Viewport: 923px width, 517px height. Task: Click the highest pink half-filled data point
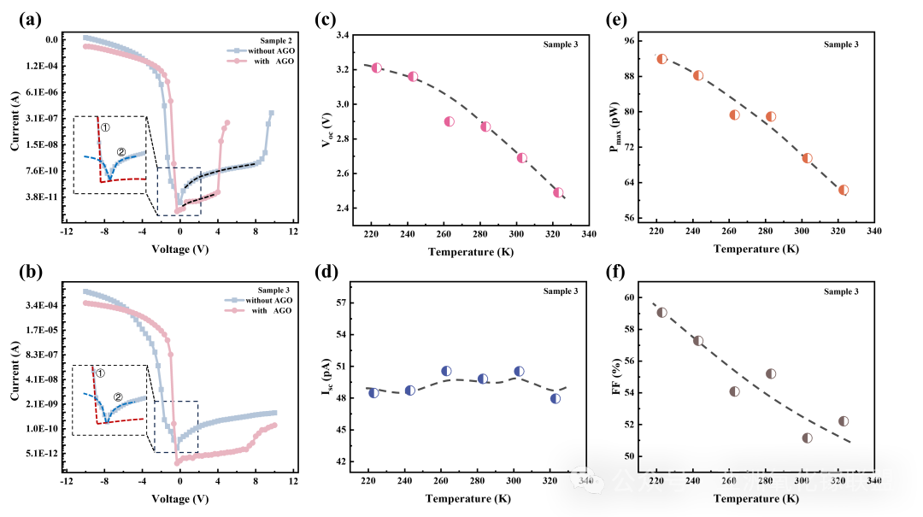377,68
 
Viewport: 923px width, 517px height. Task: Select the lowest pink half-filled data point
558,192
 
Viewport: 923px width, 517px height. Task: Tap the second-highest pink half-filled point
413,76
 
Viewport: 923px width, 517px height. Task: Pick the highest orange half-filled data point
661,59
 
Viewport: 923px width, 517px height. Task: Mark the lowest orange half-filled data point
844,190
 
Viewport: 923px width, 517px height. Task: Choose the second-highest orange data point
698,75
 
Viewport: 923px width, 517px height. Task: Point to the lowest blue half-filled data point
556,398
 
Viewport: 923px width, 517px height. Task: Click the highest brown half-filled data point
661,313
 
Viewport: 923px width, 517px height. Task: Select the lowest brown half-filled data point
807,438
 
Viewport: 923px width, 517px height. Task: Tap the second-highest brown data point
698,340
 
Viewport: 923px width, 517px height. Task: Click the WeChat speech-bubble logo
587,480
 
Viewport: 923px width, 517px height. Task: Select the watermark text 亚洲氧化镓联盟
805,480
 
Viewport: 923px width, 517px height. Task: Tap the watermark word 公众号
650,480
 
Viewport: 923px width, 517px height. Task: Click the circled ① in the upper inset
105,127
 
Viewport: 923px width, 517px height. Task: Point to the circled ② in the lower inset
118,397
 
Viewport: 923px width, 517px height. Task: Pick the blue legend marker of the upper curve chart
237,50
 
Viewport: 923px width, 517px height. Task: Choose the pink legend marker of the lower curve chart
234,310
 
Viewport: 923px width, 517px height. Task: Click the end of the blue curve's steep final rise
271,113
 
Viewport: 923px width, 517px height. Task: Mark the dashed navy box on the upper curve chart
179,191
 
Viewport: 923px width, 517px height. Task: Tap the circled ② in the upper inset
121,152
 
